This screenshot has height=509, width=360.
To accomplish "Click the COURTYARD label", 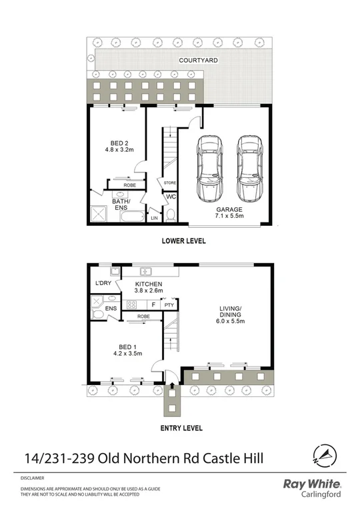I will click(x=198, y=60).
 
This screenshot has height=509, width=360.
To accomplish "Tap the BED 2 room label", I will click(x=122, y=145).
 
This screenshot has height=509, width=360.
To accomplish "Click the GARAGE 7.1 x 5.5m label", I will click(x=229, y=213).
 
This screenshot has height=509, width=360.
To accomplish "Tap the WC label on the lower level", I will click(x=170, y=197).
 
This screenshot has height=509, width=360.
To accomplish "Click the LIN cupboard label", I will click(x=155, y=218).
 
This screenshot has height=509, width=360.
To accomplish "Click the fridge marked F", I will click(x=153, y=305).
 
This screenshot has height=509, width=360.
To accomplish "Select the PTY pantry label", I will click(x=169, y=305).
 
